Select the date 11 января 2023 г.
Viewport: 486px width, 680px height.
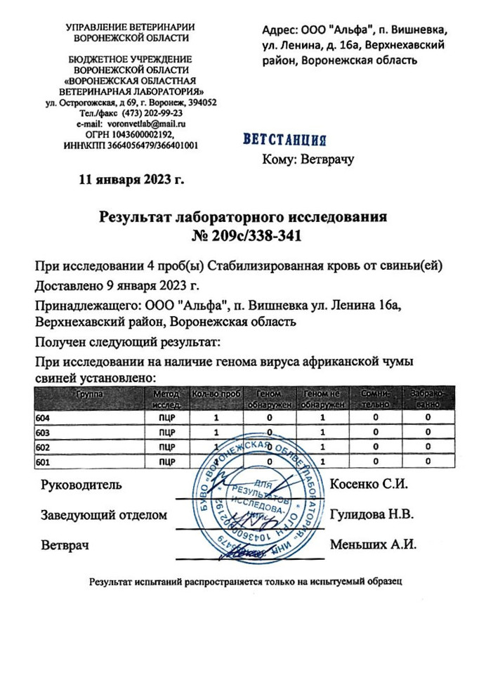[x=132, y=179]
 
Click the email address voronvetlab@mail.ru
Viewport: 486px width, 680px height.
[x=151, y=123]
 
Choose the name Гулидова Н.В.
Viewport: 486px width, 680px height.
[x=372, y=514]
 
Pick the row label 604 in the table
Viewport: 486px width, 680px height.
[x=41, y=418]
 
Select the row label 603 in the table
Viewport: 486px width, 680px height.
[x=41, y=432]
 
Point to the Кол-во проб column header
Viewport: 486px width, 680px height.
[x=216, y=395]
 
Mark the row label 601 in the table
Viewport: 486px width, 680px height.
[x=41, y=462]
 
